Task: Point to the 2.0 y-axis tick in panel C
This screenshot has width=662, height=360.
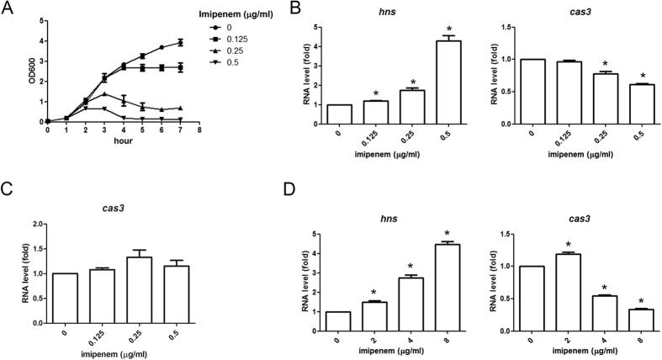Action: (40, 225)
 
